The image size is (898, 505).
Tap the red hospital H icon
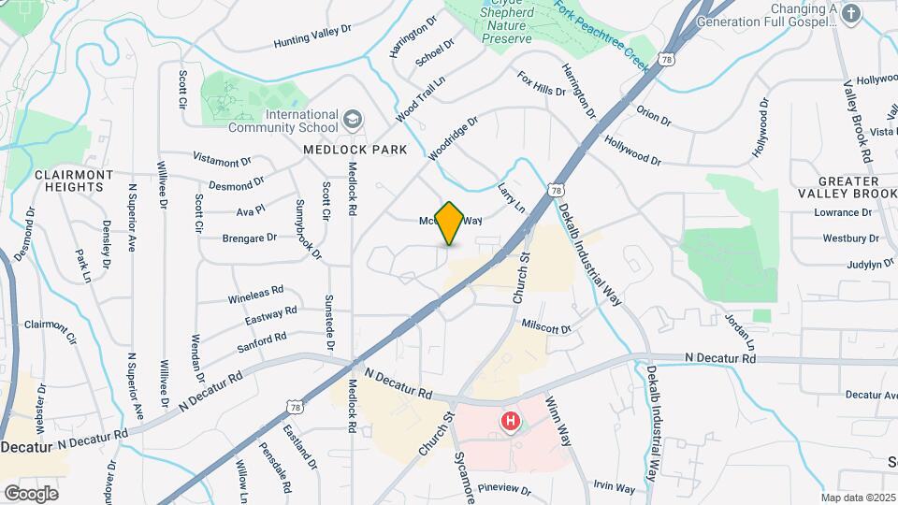coord(511,421)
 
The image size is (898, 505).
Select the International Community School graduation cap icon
coord(352,120)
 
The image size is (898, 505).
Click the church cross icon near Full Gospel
coord(850,13)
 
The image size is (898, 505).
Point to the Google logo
coord(31,493)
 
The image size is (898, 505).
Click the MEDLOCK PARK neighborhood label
coord(355,150)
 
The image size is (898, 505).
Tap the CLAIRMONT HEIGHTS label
coord(68,180)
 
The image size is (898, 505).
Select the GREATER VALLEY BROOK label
coord(839,187)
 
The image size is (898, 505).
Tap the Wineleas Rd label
coord(255,296)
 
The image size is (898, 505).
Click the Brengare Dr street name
coord(250,238)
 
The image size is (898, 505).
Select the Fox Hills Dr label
coord(542,84)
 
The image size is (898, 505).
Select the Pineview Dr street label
coord(503,489)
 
